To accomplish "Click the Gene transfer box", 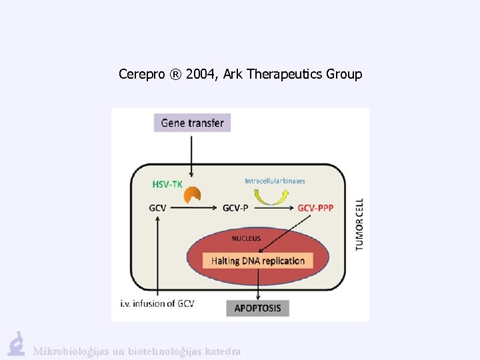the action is pyautogui.click(x=192, y=123).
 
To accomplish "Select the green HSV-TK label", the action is pyautogui.click(x=167, y=184).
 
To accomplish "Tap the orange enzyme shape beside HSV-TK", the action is pyautogui.click(x=193, y=195).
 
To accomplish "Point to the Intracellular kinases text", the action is pyautogui.click(x=274, y=180).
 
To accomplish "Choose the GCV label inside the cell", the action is pyautogui.click(x=157, y=208).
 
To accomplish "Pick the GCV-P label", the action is pyautogui.click(x=235, y=208).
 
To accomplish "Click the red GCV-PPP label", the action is pyautogui.click(x=315, y=208).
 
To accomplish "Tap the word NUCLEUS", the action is pyautogui.click(x=246, y=238).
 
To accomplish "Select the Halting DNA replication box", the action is pyautogui.click(x=258, y=261).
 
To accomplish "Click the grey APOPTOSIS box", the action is pyautogui.click(x=258, y=308).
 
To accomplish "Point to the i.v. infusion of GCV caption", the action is pyautogui.click(x=158, y=304).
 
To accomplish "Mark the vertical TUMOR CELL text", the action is pyautogui.click(x=359, y=224).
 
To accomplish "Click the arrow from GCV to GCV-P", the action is pyautogui.click(x=193, y=208).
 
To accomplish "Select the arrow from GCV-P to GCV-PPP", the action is pyautogui.click(x=272, y=208).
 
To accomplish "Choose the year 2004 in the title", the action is pyautogui.click(x=201, y=74).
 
